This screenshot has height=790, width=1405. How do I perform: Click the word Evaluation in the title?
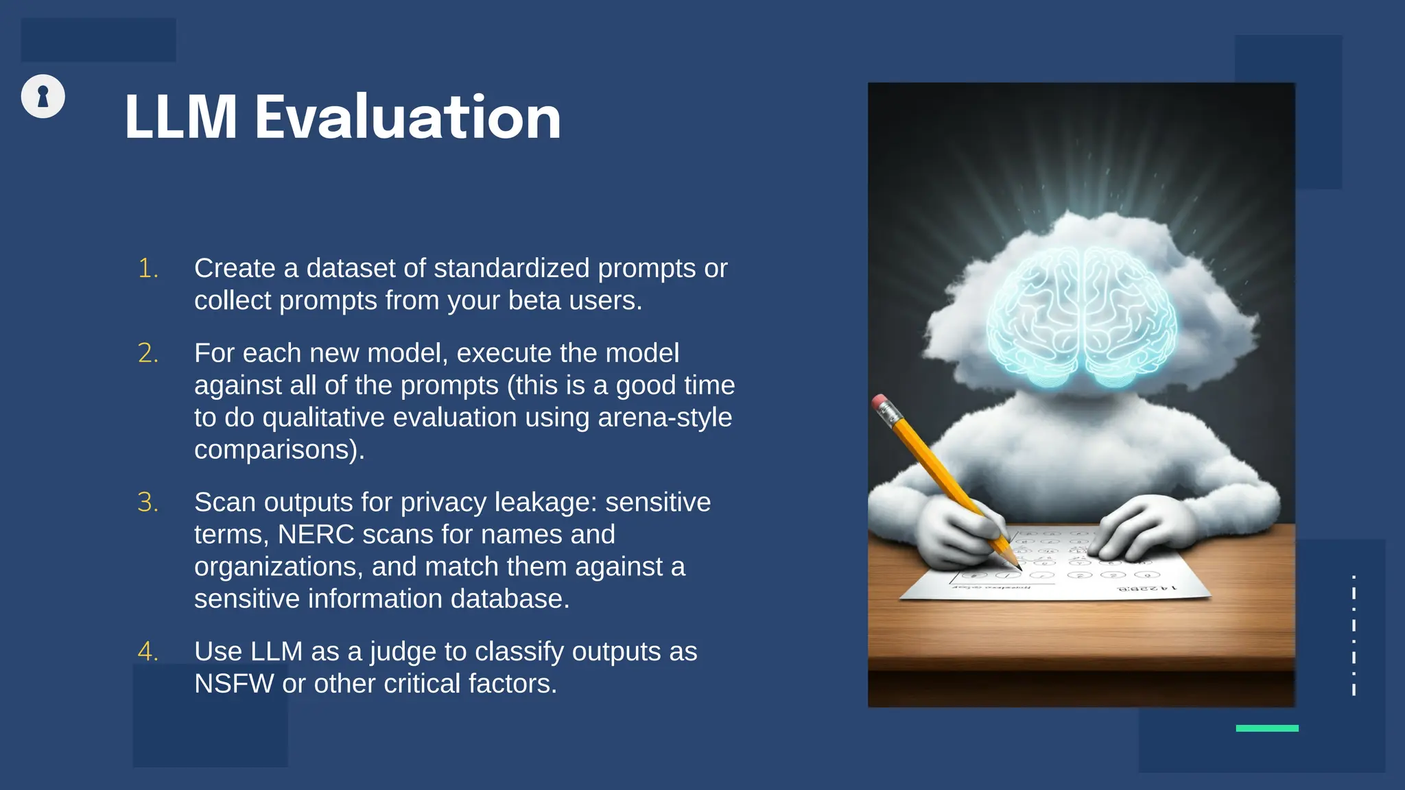point(408,118)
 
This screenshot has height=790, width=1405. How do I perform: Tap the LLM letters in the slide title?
point(181,118)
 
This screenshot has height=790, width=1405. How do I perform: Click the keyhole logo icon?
point(43,96)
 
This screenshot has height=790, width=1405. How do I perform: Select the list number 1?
point(147,268)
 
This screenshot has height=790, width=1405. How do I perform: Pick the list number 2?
point(147,353)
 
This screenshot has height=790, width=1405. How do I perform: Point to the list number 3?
point(147,503)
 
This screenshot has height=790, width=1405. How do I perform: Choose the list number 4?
point(147,651)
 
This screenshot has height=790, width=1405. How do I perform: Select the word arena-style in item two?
point(665,418)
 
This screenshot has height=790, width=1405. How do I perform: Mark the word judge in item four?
point(403,652)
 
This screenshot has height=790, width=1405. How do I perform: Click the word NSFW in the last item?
point(234,684)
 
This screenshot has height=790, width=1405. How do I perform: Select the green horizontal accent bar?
point(1266,728)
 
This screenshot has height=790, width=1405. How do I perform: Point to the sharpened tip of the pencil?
point(1019,568)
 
